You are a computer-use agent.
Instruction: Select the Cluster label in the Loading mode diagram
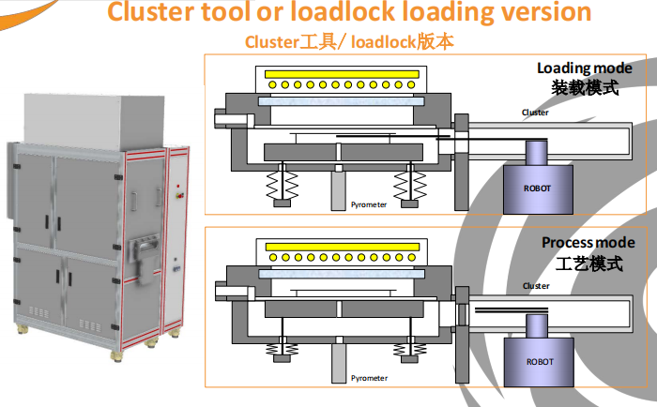tap(536, 113)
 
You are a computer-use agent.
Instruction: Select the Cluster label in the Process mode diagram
tap(536, 286)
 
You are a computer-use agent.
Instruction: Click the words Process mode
tap(581, 243)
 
